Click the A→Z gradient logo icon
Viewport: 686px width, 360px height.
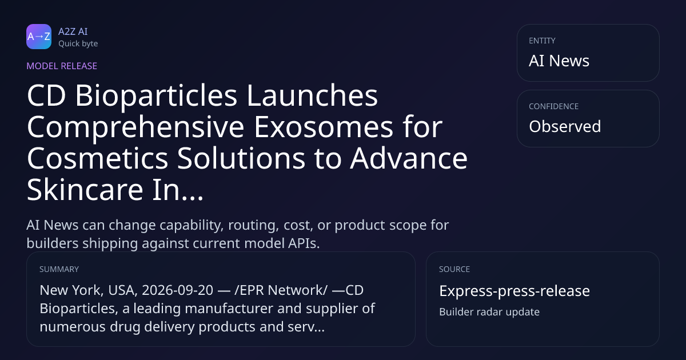39,37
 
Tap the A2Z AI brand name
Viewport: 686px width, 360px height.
73,31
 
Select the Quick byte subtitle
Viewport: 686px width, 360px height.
78,44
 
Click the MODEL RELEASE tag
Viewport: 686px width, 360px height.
62,66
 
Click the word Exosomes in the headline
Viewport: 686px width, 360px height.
324,127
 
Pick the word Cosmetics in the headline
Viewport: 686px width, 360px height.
97,158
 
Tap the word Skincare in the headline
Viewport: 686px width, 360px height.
85,190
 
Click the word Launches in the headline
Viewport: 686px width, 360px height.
312,95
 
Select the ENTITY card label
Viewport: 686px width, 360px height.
542,41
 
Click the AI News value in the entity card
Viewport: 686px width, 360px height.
559,61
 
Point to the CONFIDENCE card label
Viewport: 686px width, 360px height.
554,106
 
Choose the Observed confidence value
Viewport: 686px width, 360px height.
565,126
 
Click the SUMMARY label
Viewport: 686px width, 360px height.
59,269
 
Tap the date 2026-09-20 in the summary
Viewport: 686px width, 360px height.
177,290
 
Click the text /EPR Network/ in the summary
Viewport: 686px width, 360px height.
281,290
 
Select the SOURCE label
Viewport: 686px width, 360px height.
454,269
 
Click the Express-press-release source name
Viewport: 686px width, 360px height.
514,291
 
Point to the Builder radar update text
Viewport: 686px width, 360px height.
489,312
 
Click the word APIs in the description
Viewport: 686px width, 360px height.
303,243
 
